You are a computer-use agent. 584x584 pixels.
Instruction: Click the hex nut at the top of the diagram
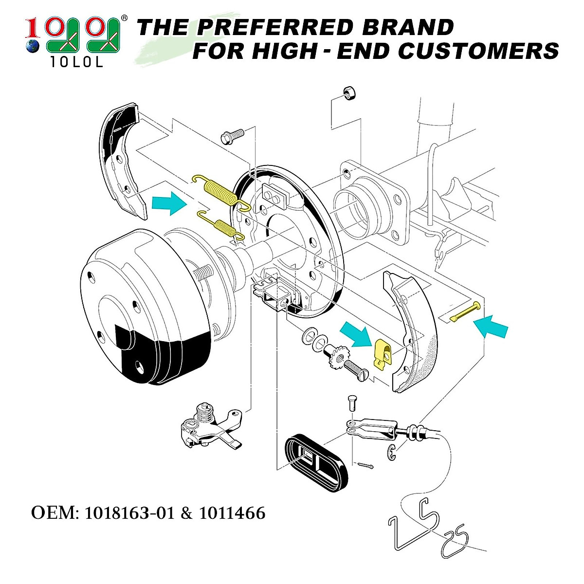pyautogui.click(x=348, y=92)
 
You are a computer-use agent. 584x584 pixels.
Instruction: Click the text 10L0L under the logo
pyautogui.click(x=77, y=63)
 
